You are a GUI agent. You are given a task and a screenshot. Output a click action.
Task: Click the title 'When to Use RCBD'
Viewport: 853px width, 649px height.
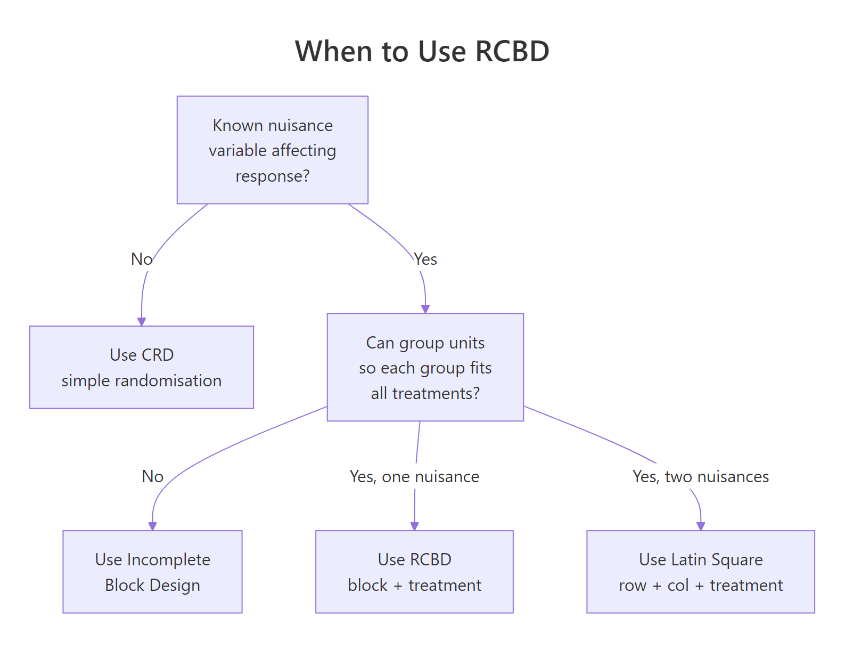tap(422, 52)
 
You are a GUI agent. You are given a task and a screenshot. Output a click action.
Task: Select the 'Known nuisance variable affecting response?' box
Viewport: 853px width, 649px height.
tap(272, 150)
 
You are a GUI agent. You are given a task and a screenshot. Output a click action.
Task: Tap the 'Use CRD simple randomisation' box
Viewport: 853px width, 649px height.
tap(142, 367)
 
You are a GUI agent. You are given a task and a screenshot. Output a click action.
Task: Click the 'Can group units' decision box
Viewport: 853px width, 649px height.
tap(425, 367)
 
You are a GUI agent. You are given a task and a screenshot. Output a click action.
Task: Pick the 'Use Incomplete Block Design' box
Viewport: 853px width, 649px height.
tap(152, 572)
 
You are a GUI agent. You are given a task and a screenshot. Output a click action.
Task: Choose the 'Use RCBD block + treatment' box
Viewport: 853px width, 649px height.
tap(414, 572)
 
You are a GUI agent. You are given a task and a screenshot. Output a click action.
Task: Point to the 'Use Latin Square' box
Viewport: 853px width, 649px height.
tap(700, 572)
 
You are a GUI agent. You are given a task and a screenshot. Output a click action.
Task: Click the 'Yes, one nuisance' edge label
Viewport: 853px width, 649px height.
tap(414, 476)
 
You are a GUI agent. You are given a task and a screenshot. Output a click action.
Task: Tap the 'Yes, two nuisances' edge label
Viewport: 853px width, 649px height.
tap(700, 476)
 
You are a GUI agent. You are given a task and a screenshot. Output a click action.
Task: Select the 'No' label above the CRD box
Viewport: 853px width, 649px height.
tap(142, 259)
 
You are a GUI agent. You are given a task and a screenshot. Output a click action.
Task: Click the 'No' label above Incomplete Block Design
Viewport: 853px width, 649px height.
tap(152, 476)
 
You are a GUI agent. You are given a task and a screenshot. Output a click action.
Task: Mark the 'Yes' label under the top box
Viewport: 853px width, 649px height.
tap(425, 259)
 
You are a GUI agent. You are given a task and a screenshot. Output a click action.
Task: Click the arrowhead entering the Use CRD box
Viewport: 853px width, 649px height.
tap(142, 321)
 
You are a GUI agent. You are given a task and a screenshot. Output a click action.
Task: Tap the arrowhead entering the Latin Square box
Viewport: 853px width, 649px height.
tap(701, 526)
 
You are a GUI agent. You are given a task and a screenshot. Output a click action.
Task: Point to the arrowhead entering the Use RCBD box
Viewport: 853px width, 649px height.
tap(414, 526)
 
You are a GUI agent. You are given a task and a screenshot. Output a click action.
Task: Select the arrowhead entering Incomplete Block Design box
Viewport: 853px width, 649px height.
tap(152, 526)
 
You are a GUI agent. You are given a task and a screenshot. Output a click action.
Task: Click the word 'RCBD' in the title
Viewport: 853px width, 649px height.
tap(512, 52)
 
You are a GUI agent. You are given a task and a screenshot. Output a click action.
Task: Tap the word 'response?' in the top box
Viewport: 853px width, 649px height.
tap(272, 176)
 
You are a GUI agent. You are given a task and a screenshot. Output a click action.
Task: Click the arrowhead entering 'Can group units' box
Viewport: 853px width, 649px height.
tap(425, 309)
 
